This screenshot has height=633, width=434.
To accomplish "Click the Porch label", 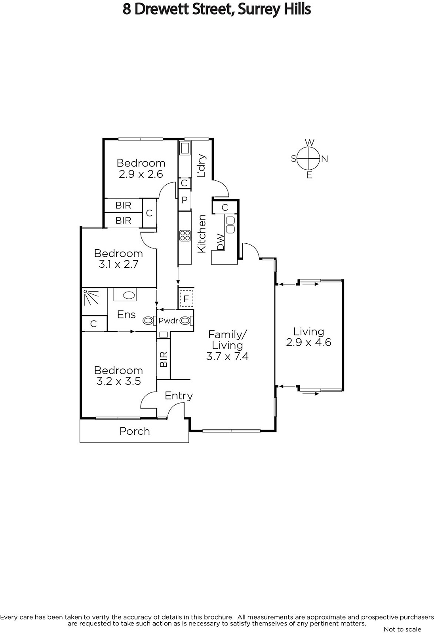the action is click(135, 431).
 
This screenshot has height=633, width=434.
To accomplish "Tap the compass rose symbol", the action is click(309, 159).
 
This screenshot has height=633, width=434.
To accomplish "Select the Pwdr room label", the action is click(169, 321).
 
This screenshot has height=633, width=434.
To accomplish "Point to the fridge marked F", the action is click(186, 299).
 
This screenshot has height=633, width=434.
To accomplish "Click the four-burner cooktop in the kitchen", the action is click(185, 235).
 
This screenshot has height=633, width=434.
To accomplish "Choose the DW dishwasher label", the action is click(221, 242).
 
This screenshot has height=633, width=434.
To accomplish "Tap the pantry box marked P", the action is click(185, 200).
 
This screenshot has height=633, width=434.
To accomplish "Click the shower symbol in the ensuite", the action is click(91, 297).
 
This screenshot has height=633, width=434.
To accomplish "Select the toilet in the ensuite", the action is click(149, 321).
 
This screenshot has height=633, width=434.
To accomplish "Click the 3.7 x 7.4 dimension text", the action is click(227, 356).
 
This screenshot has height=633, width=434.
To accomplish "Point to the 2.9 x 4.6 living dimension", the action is click(308, 342).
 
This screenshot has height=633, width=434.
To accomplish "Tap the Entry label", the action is click(179, 396).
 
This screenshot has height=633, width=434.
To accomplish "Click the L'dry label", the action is click(202, 166).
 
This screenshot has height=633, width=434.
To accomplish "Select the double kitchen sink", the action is click(230, 225).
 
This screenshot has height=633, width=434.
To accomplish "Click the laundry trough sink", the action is click(185, 148).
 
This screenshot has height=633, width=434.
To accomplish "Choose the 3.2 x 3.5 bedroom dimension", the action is click(118, 381).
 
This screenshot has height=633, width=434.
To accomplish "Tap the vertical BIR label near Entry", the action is click(164, 359).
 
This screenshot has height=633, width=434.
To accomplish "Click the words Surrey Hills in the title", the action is click(274, 9).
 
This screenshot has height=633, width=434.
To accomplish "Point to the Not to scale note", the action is click(402, 629).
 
